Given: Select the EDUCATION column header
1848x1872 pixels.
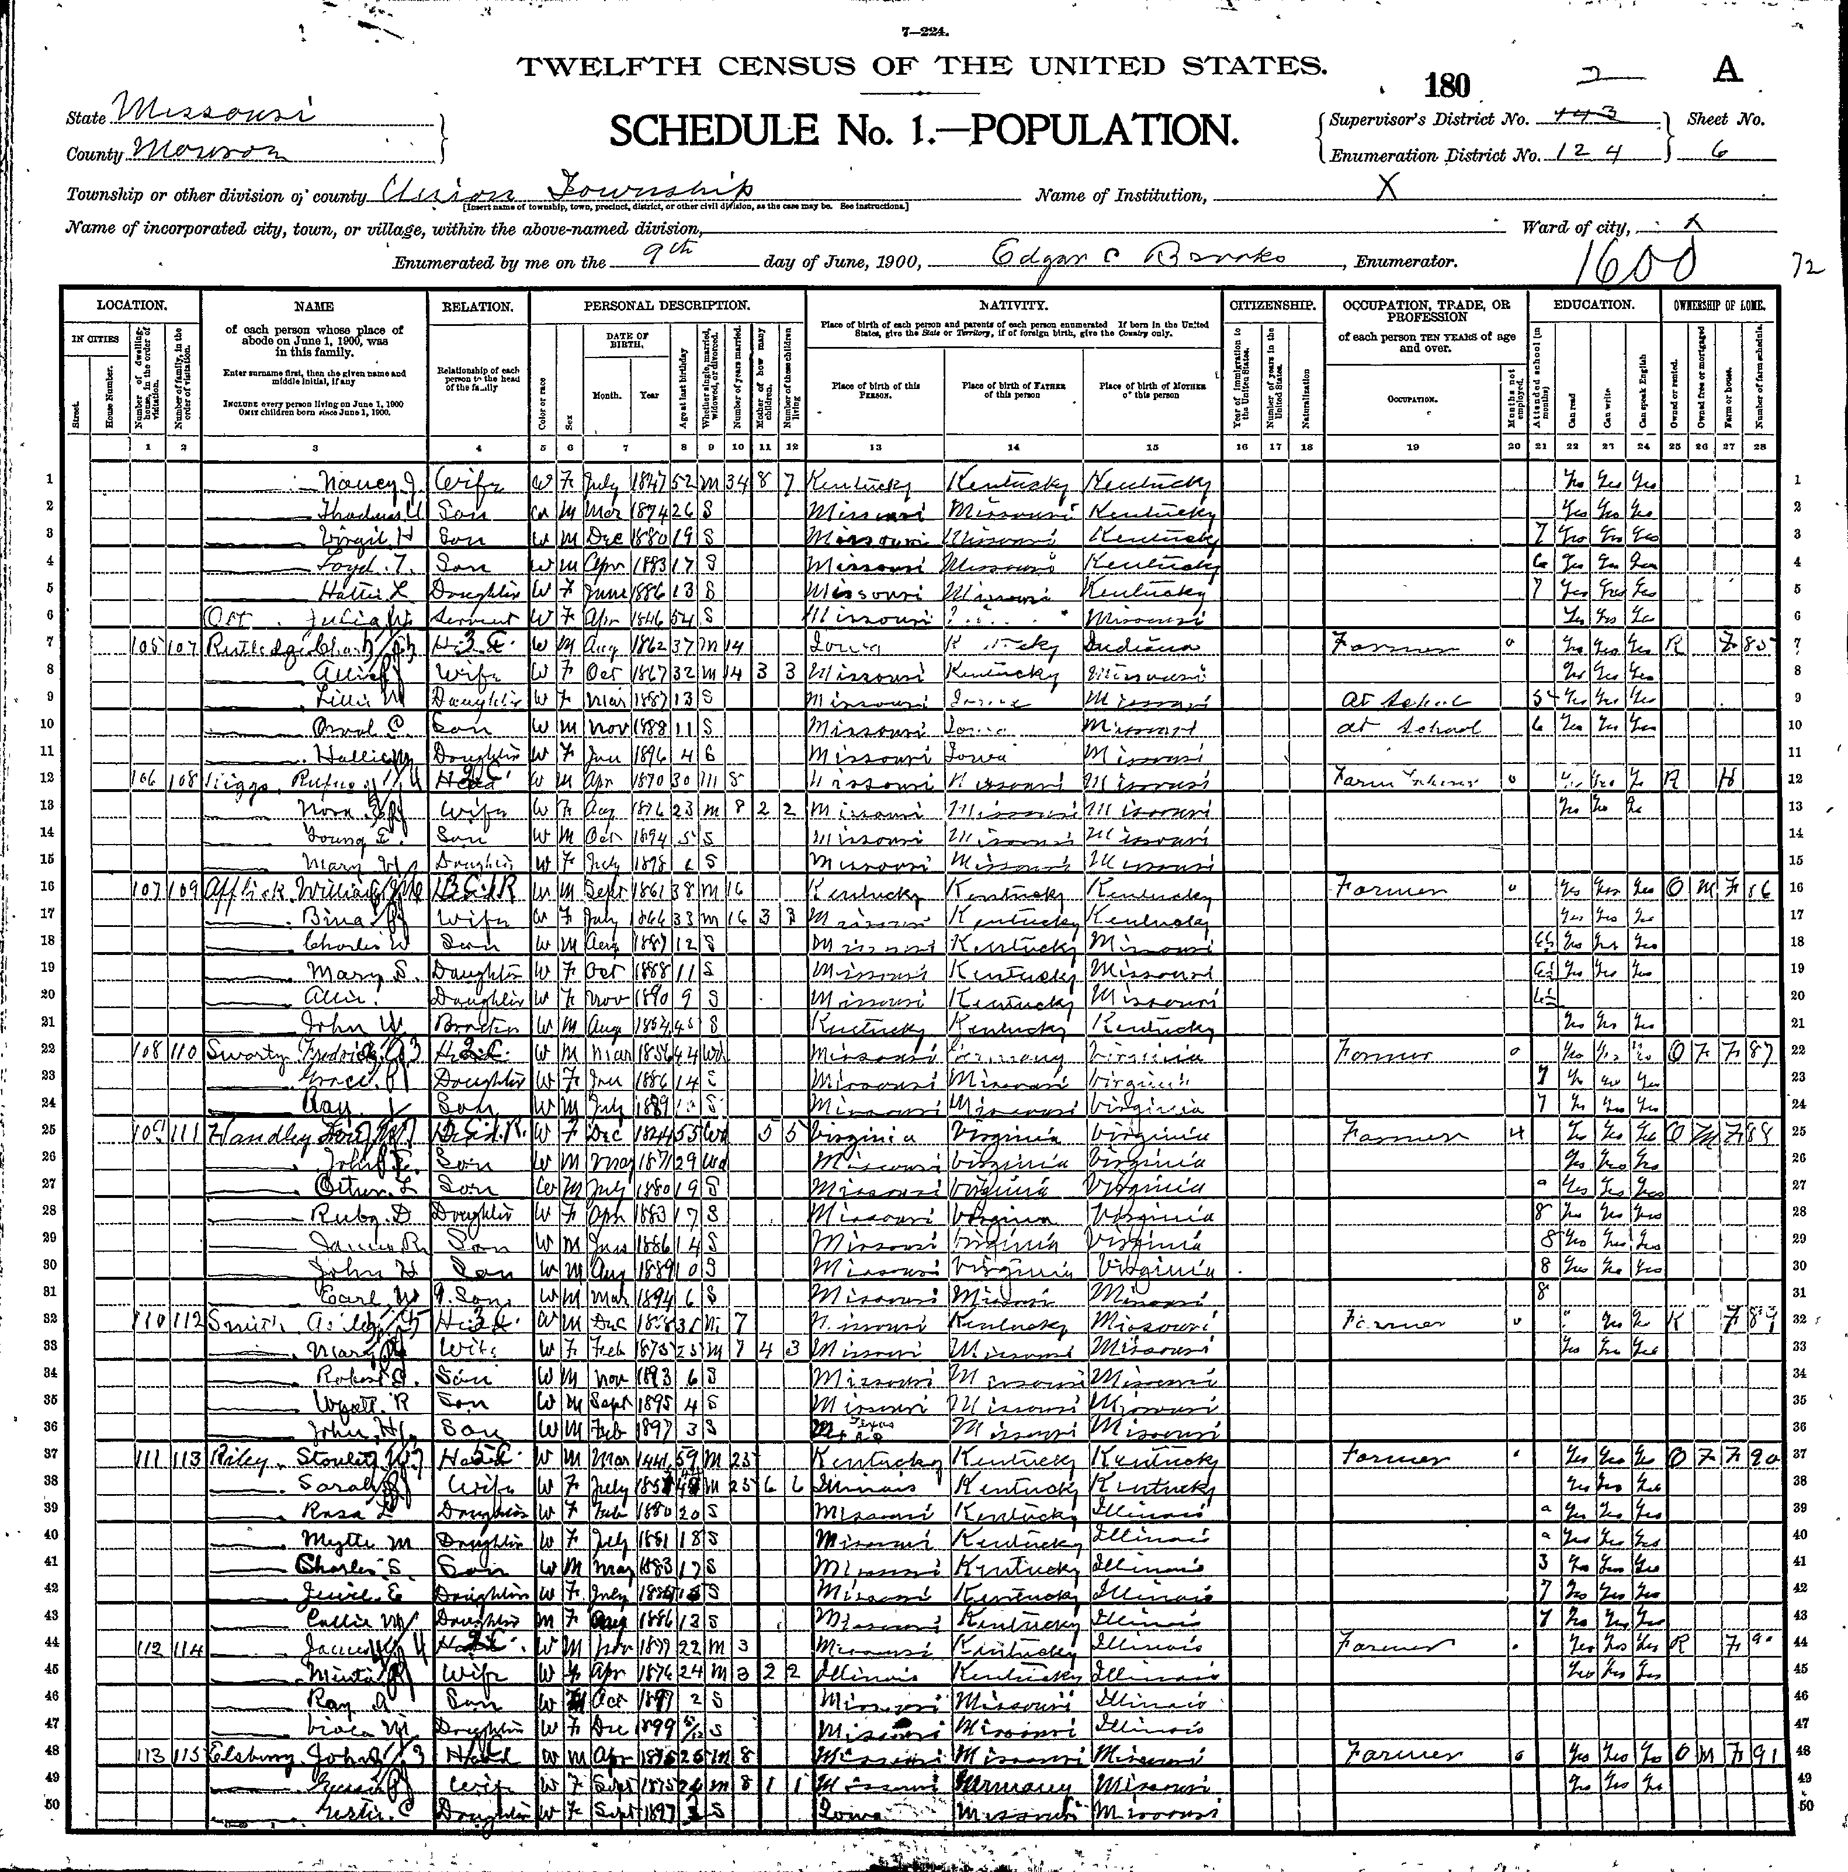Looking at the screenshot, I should point(1594,304).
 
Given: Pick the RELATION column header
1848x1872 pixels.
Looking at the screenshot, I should point(479,306).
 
